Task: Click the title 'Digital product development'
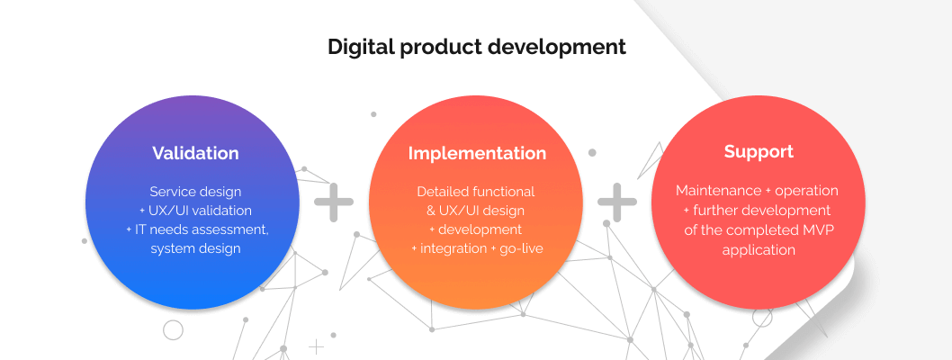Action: (x=477, y=47)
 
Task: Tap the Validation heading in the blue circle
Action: (x=195, y=152)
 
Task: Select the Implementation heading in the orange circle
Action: (x=477, y=153)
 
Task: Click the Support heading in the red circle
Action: (x=759, y=152)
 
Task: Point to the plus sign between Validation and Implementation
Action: (x=333, y=202)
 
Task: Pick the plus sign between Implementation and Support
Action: (x=617, y=202)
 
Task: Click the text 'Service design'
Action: (x=195, y=192)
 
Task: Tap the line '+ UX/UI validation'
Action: (x=195, y=211)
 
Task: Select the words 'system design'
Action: (x=195, y=249)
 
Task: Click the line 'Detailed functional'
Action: (x=475, y=192)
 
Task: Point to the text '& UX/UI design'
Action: (x=475, y=211)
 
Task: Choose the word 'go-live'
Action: (x=521, y=248)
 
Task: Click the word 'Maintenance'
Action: (x=719, y=191)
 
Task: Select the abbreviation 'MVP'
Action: (x=817, y=230)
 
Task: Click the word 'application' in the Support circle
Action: (x=759, y=250)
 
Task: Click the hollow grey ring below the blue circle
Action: (x=173, y=329)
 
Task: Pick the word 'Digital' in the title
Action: (x=361, y=47)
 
